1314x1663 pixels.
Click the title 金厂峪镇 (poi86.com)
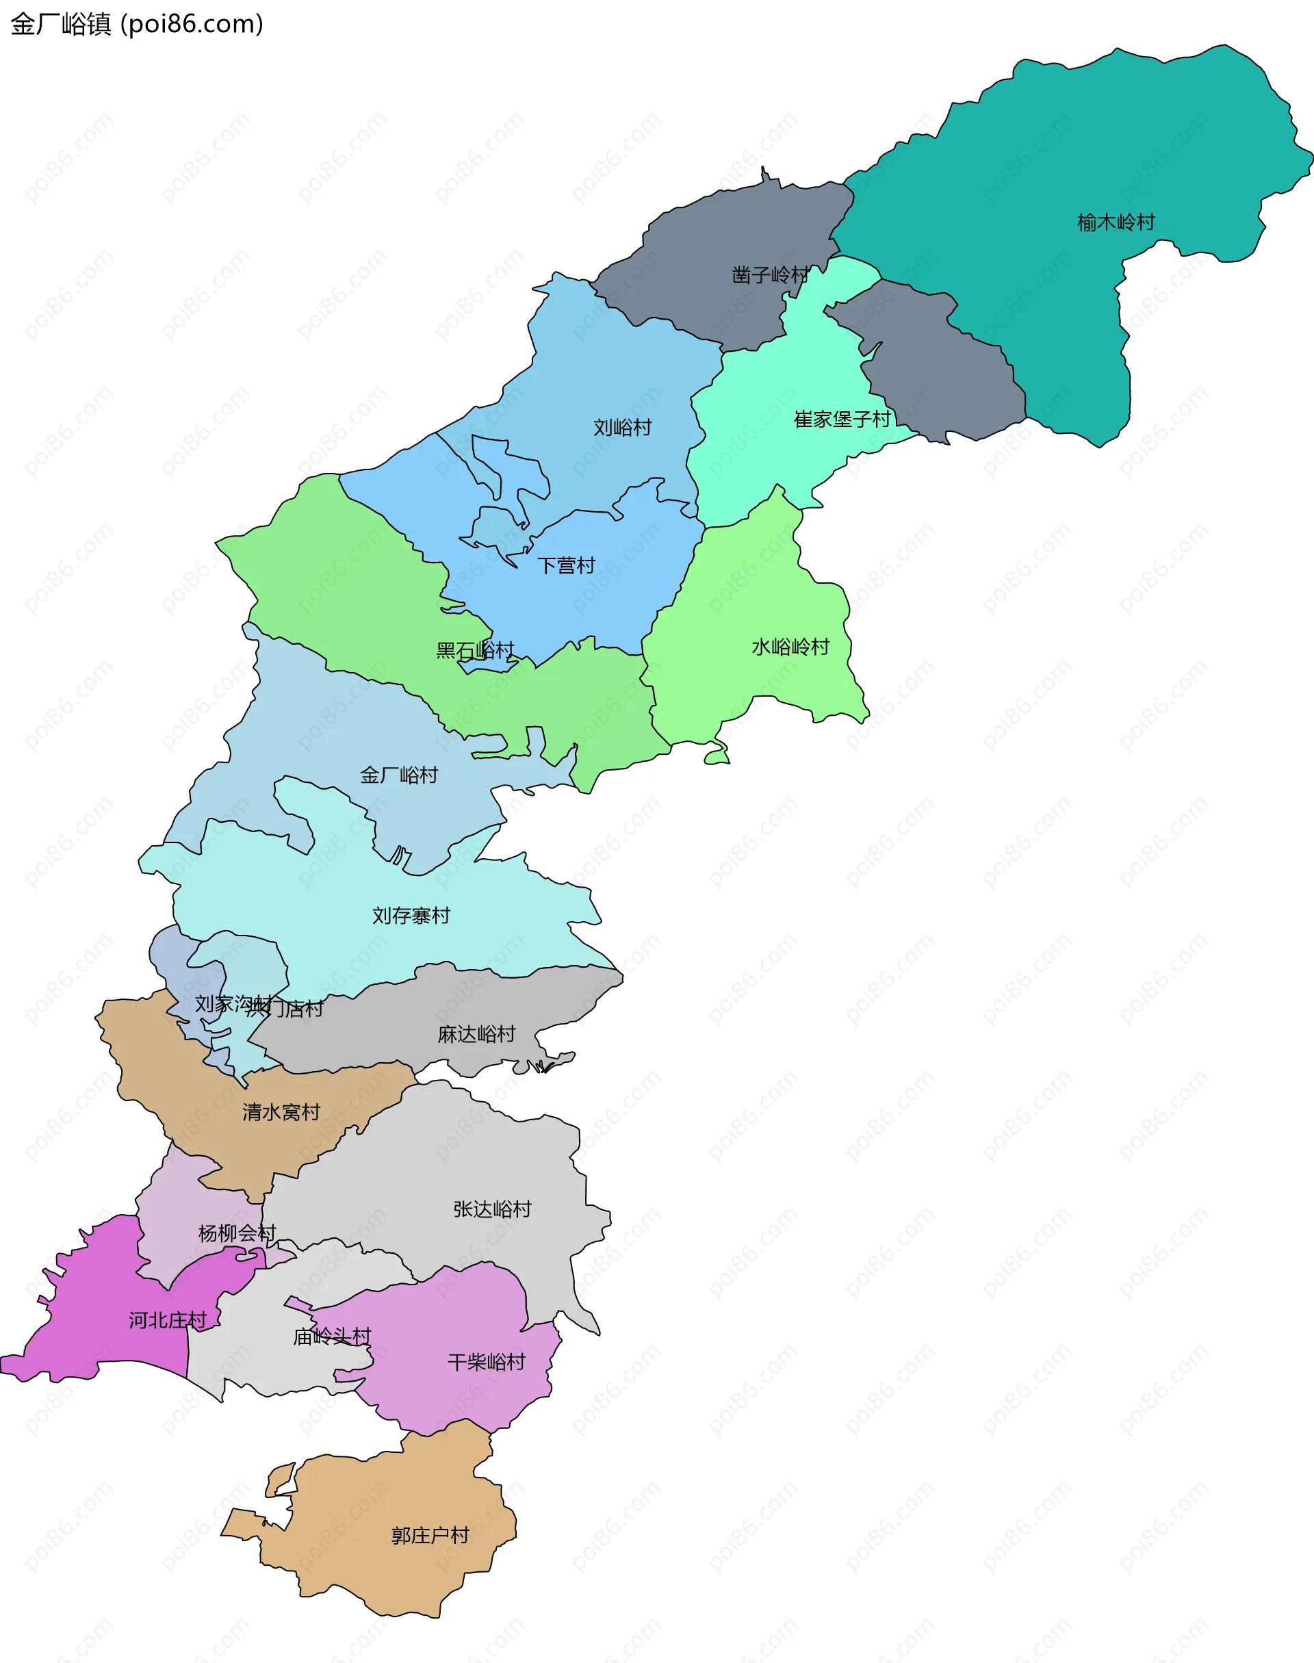(x=137, y=24)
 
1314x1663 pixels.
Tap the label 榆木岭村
(x=1116, y=223)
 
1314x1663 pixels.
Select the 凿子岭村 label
(x=769, y=274)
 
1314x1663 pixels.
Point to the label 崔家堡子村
(x=842, y=420)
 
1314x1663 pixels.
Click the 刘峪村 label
(x=622, y=428)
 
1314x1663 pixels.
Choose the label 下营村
(x=566, y=566)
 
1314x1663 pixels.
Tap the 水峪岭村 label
(x=790, y=647)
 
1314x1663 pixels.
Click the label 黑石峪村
(x=475, y=651)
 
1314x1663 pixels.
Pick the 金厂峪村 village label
(x=398, y=775)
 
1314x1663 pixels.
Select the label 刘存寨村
(x=411, y=916)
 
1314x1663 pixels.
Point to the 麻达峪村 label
(x=476, y=1035)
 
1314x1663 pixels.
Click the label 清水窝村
(x=281, y=1112)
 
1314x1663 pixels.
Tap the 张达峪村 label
(x=492, y=1209)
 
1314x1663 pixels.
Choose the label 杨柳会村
(x=237, y=1234)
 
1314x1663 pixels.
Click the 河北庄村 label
(x=167, y=1321)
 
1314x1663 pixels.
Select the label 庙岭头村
(x=331, y=1337)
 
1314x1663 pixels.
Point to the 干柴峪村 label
(x=486, y=1363)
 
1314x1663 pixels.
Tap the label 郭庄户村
(x=430, y=1535)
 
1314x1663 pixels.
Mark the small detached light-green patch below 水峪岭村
(x=717, y=758)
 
